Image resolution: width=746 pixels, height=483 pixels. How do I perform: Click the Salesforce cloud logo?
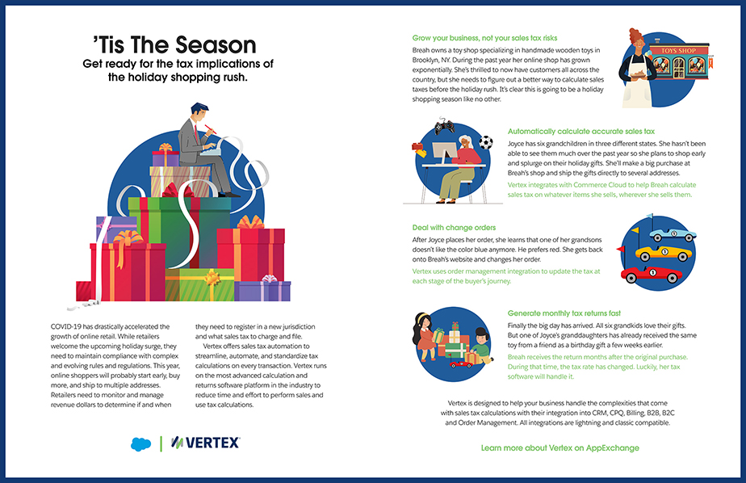coord(140,444)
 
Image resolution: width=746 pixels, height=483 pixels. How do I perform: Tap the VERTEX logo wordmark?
coord(206,443)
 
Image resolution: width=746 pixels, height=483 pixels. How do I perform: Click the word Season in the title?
coord(216,45)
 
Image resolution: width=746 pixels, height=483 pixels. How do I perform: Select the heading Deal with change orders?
coord(454,228)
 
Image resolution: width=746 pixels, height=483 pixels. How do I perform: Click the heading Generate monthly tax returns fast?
coord(564,313)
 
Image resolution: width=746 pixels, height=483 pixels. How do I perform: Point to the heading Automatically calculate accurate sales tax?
coord(581,132)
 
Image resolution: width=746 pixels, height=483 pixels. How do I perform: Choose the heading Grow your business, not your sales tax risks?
coord(484,38)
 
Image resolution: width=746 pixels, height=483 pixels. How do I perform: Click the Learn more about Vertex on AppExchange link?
coord(560,447)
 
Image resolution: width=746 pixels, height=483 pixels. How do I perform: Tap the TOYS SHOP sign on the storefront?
coord(678,50)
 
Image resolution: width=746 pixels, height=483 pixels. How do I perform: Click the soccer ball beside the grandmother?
coord(485,142)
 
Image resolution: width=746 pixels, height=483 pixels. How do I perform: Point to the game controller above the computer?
coord(444,127)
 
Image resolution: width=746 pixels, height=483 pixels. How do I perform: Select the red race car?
coord(651,275)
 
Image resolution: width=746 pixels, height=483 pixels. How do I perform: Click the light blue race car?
coord(673,234)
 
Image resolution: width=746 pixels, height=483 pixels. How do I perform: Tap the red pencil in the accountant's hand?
coord(211,129)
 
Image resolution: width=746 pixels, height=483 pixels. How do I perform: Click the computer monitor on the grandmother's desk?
coord(445,153)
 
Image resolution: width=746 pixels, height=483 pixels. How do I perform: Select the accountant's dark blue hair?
coord(199,108)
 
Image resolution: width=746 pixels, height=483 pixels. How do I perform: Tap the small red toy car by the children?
coord(461,364)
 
